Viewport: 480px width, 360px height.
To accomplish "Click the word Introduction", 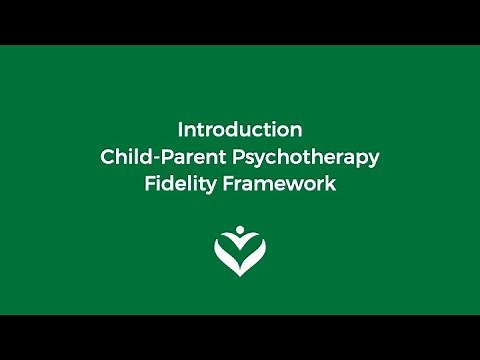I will [240, 130].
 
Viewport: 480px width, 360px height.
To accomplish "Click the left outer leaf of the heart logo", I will [224, 254].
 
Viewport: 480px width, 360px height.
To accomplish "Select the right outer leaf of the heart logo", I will [256, 254].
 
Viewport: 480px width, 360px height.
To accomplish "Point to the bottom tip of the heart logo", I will [240, 277].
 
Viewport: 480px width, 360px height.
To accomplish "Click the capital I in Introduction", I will [180, 130].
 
